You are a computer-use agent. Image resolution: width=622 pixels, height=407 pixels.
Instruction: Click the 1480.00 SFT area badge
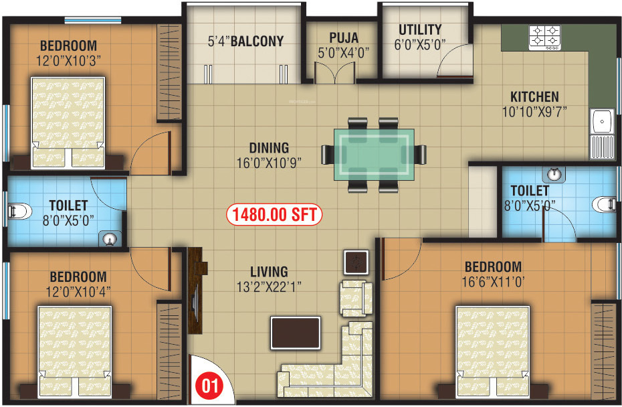coord(274,215)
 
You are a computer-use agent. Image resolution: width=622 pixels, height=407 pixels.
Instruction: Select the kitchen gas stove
coord(544,37)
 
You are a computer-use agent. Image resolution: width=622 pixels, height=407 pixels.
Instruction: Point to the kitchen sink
coord(603,123)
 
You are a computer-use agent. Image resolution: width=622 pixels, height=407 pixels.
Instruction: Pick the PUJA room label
coord(344,37)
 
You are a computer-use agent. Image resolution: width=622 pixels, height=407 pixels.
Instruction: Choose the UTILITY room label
coord(420,29)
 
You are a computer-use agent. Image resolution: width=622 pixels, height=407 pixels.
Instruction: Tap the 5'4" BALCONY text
coord(245,41)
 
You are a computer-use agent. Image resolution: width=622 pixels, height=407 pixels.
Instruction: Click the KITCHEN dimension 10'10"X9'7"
coord(534,112)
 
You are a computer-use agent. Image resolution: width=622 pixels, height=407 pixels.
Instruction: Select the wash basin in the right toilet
coord(553,175)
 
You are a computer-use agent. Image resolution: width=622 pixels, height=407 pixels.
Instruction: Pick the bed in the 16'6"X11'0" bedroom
coord(495,351)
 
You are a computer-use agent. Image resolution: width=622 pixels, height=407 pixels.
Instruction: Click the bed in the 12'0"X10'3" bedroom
coord(68,123)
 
